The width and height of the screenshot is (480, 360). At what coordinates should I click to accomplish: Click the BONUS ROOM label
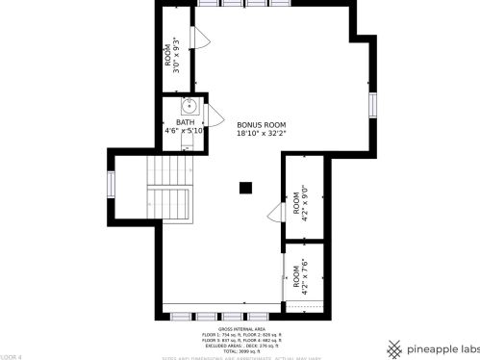[x=262, y=125]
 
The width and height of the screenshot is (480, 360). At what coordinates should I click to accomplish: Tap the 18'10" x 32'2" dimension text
[x=262, y=134]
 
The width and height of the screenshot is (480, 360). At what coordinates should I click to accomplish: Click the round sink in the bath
[x=189, y=106]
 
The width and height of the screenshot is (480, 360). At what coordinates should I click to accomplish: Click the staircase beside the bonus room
[x=171, y=191]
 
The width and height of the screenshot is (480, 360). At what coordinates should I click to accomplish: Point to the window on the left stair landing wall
[x=111, y=183]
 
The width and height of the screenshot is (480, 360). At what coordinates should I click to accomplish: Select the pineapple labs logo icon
[x=394, y=347]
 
